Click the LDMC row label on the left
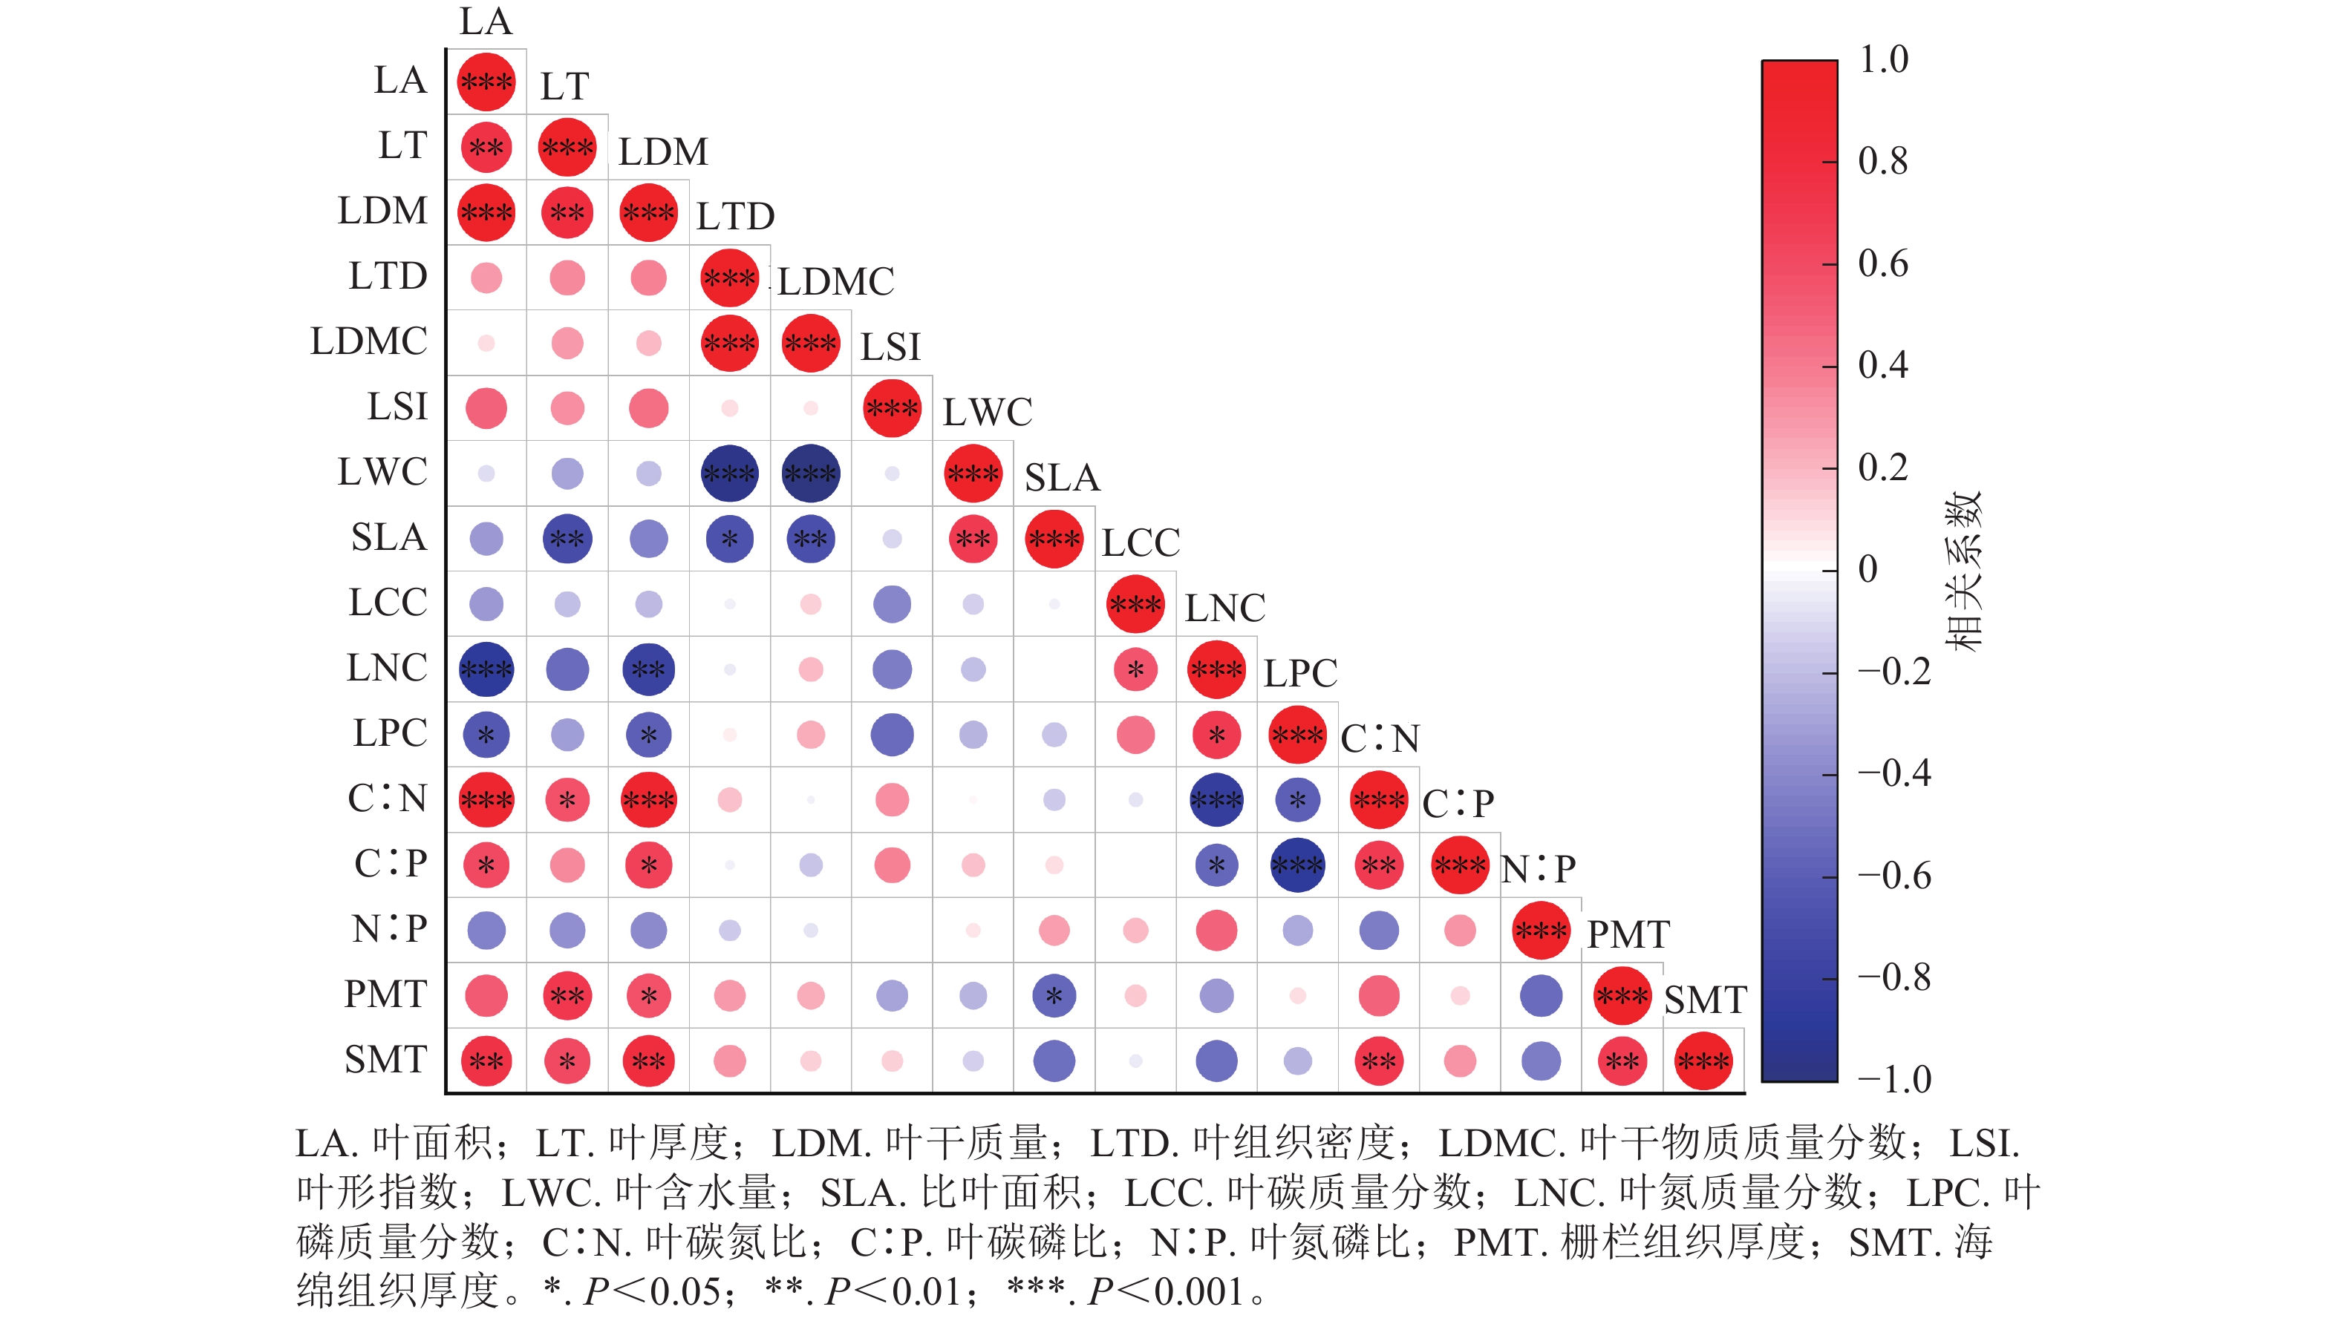coord(368,341)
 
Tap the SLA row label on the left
coord(388,537)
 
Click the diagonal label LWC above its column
coord(987,412)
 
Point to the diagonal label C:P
coord(1458,803)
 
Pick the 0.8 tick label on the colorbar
coord(1882,162)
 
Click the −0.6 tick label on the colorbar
coord(1894,876)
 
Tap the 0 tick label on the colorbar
coord(1867,569)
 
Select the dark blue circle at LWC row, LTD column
coord(729,473)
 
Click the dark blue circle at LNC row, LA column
coord(486,669)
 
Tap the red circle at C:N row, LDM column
coord(648,800)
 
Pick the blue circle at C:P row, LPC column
coord(1296,865)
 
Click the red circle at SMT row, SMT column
coord(1703,1060)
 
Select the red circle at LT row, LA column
coord(486,147)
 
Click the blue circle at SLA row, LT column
coord(567,538)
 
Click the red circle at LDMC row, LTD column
coord(729,343)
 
